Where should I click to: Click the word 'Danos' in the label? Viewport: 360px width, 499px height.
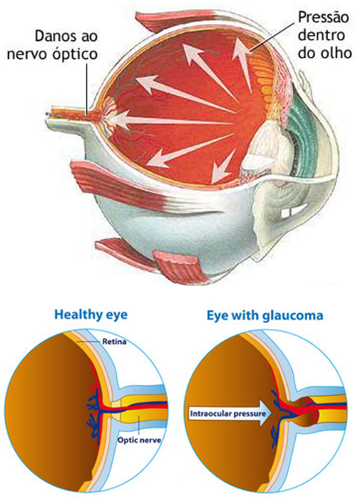(51, 36)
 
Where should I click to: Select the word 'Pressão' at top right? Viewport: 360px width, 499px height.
(323, 18)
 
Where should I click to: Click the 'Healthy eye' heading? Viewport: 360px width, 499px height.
(91, 315)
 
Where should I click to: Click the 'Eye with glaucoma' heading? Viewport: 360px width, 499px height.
(265, 316)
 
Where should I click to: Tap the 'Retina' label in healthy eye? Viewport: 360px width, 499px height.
(114, 342)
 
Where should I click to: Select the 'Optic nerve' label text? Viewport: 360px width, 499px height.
(139, 440)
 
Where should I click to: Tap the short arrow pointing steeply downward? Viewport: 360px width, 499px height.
(223, 166)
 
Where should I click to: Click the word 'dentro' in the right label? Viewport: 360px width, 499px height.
(321, 35)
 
